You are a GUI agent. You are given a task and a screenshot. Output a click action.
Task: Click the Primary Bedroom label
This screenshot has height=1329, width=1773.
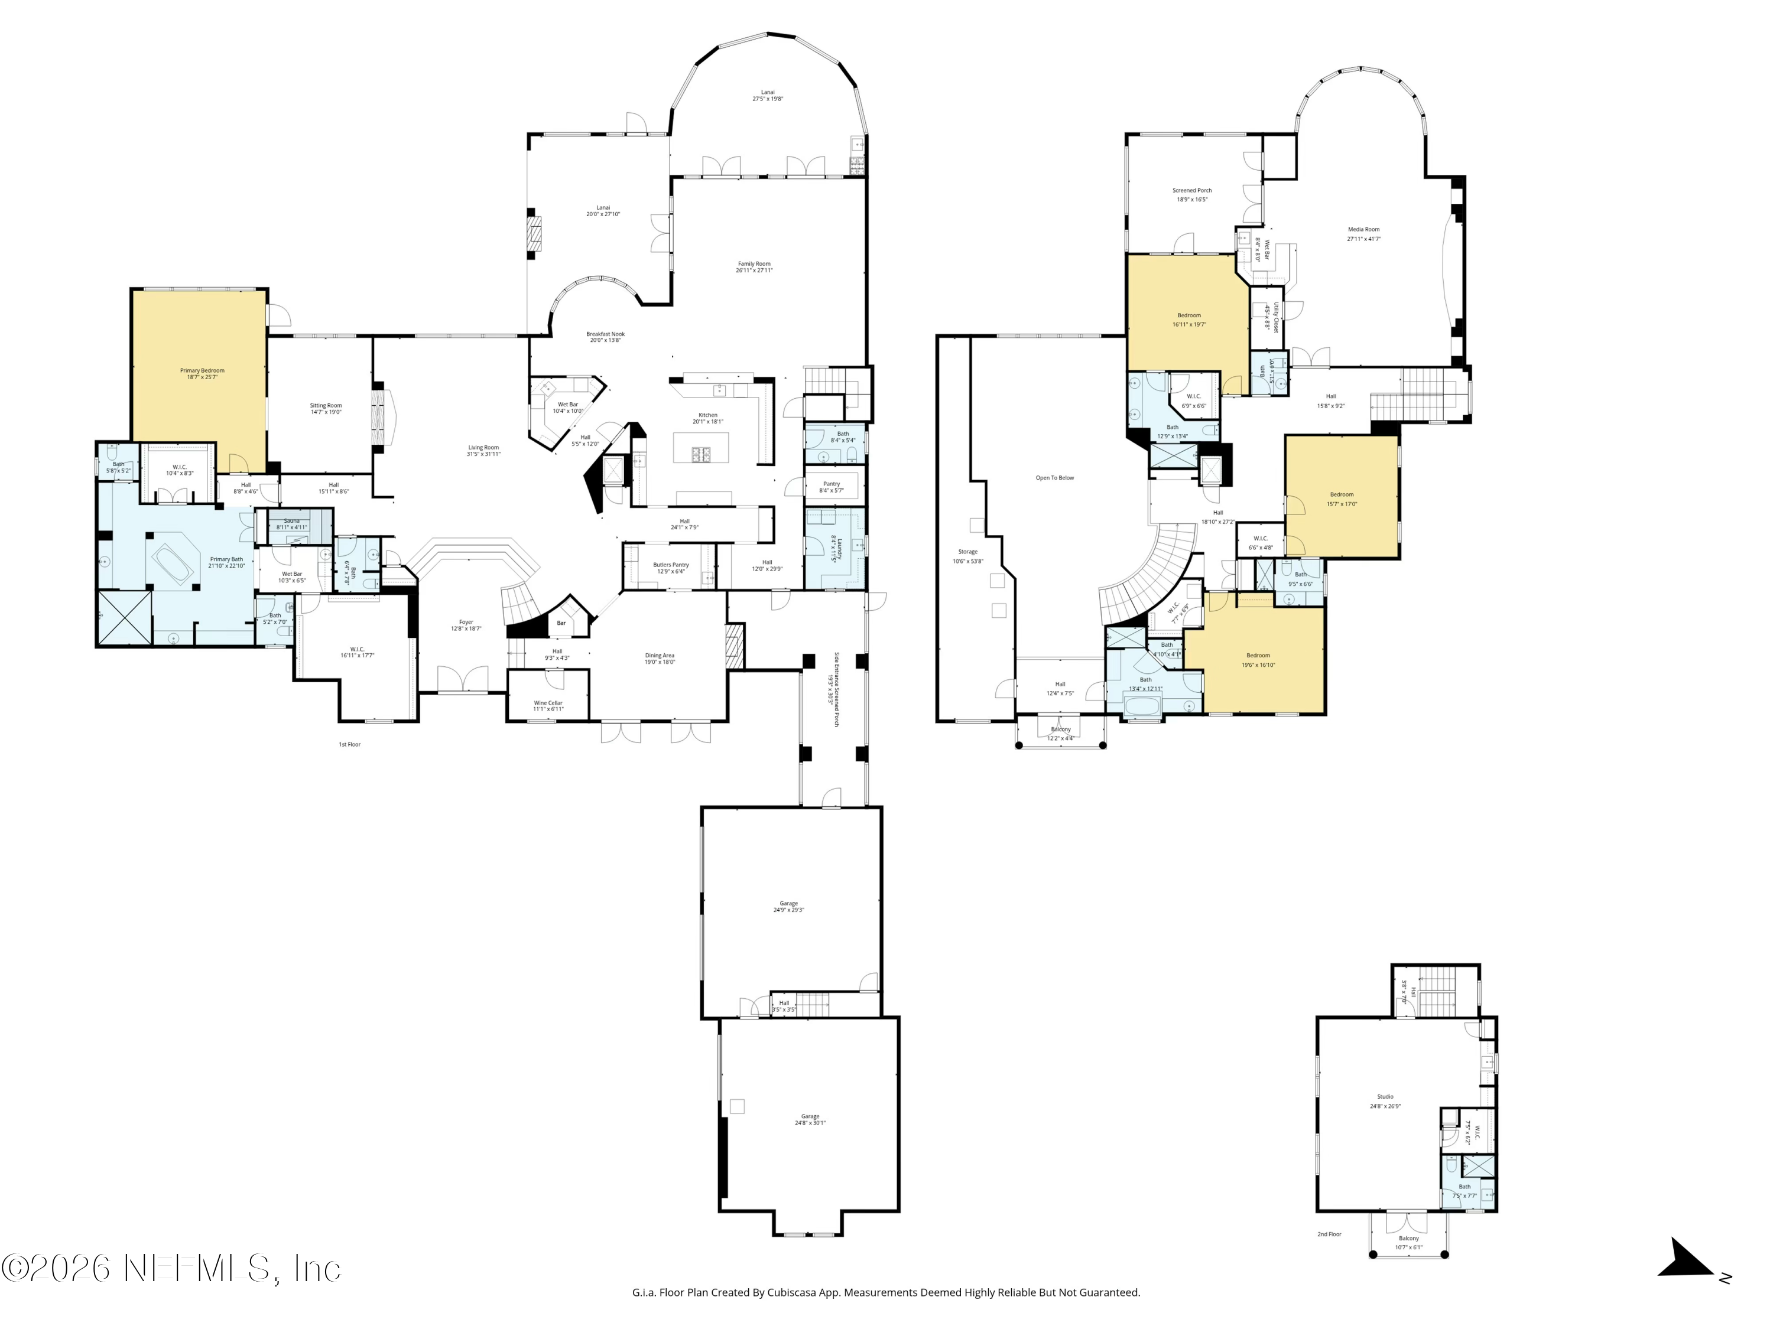click(202, 373)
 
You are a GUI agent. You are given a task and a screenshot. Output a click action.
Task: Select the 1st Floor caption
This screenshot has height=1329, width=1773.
click(349, 744)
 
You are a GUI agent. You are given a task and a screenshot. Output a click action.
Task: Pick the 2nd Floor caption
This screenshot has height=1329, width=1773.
click(1329, 1234)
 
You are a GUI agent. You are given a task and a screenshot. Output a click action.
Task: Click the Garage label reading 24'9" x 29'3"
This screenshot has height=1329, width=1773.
click(789, 906)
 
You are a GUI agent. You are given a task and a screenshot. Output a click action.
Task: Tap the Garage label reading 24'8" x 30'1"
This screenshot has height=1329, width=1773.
click(810, 1119)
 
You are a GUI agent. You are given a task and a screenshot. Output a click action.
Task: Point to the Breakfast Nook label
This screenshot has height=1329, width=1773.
click(605, 337)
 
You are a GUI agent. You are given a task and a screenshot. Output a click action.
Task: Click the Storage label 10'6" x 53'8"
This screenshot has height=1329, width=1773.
click(967, 556)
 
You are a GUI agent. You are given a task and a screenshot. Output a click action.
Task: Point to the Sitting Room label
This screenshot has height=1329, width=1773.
click(326, 409)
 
